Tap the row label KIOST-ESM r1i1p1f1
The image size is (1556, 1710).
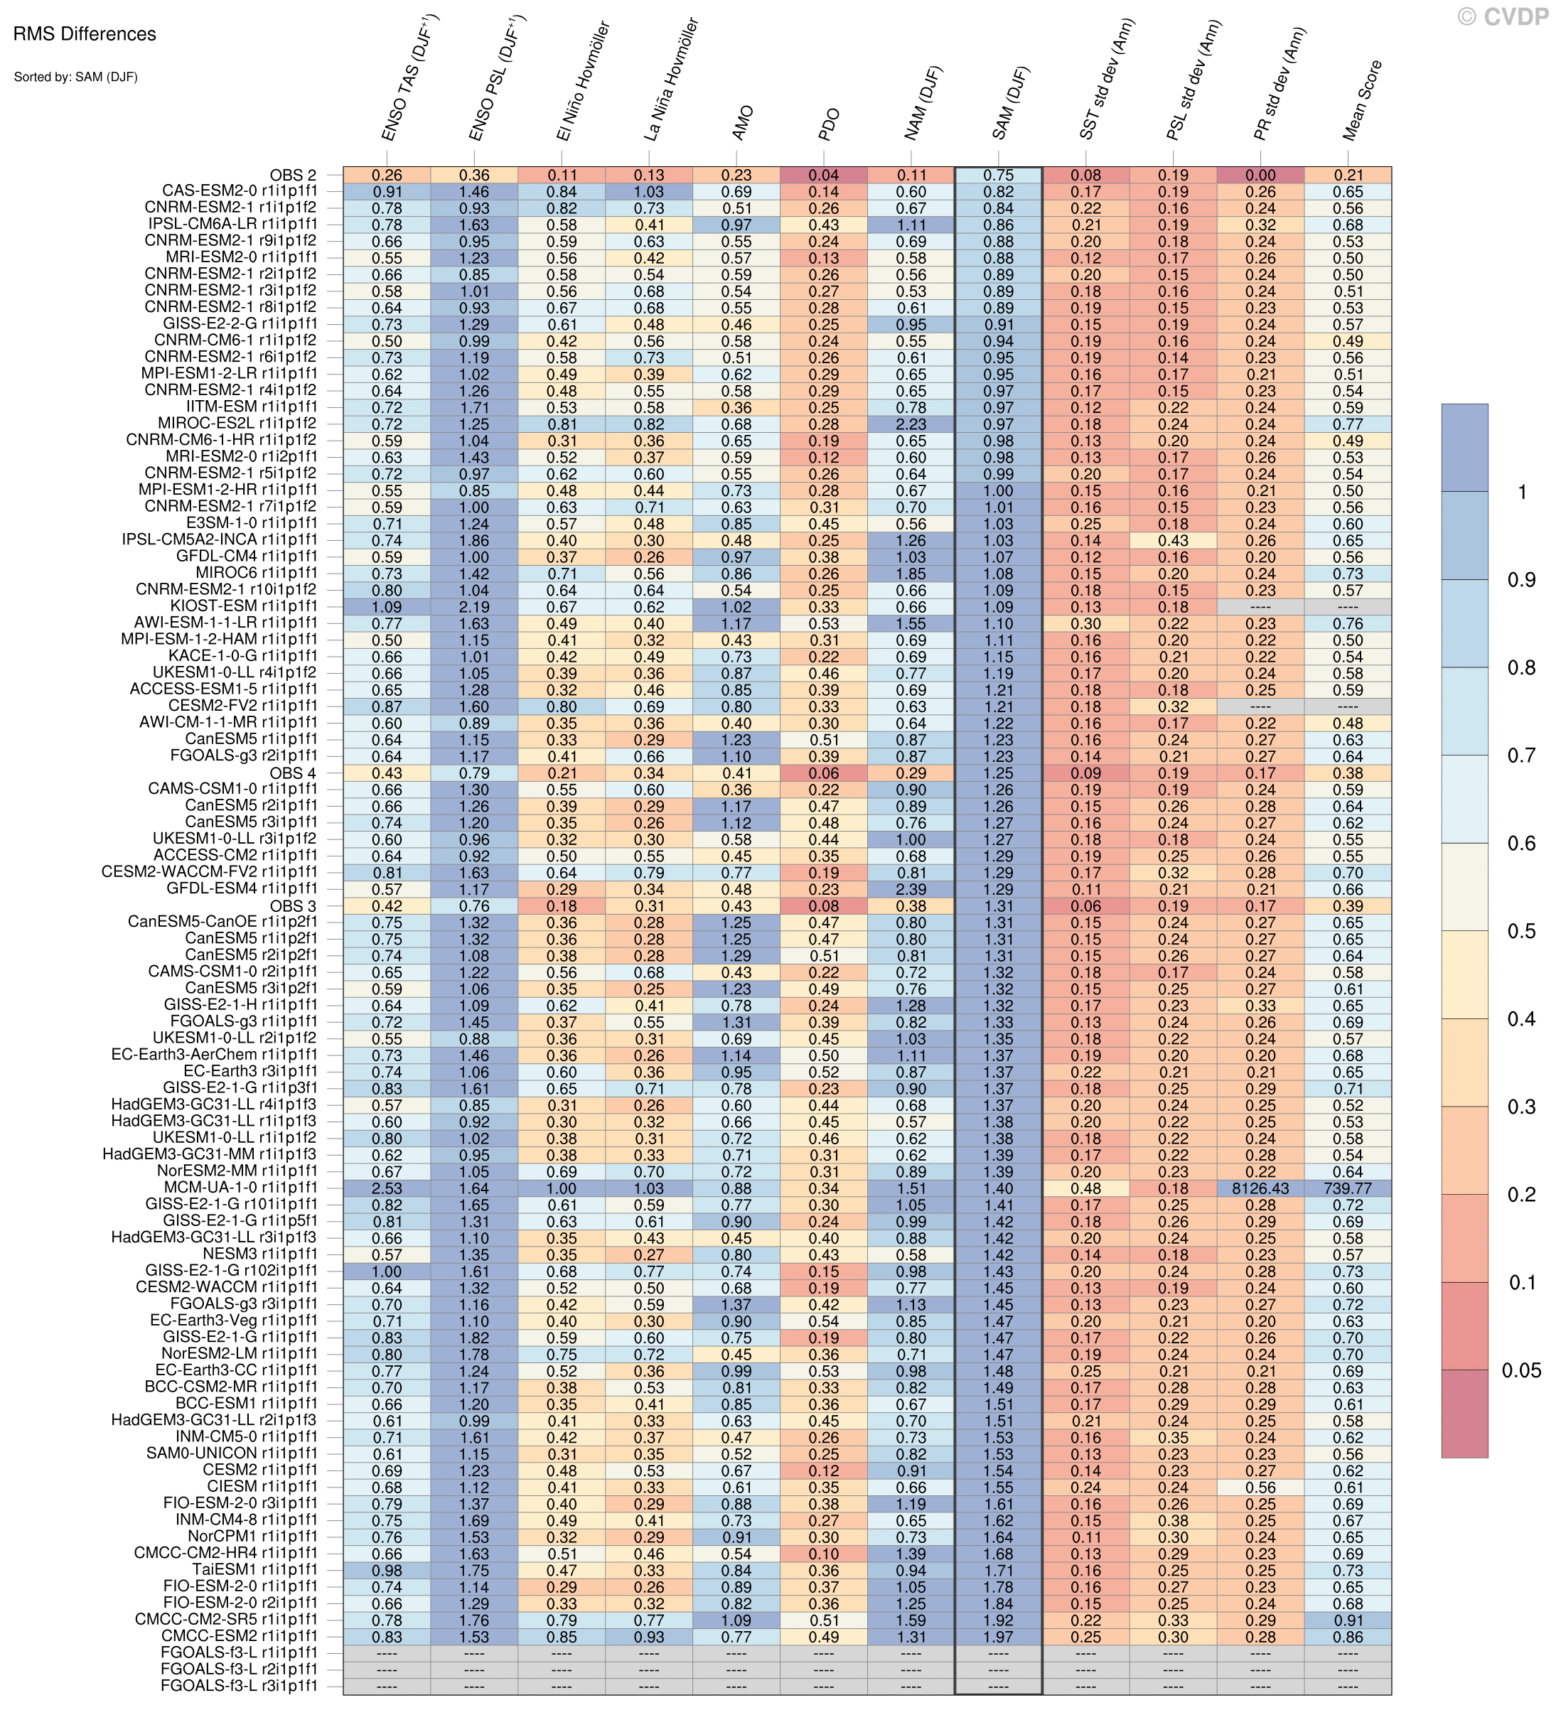coord(244,606)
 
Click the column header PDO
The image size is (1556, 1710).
coord(829,124)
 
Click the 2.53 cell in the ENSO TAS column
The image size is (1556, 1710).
coord(387,1188)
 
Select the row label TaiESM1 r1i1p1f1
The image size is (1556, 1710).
coord(254,1570)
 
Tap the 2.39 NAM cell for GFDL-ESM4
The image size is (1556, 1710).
coord(911,890)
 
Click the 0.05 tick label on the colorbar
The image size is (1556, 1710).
coord(1521,1371)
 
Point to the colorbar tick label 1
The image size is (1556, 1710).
coord(1521,493)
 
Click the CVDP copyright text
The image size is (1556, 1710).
coord(1503,17)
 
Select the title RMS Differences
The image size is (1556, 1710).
coord(85,35)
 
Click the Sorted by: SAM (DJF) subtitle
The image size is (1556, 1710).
coord(75,77)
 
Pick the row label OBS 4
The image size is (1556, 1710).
coord(293,773)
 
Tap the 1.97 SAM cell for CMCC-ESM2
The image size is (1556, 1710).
coord(999,1637)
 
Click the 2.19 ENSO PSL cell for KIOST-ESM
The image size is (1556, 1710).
coord(474,606)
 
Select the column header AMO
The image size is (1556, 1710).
coord(741,124)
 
